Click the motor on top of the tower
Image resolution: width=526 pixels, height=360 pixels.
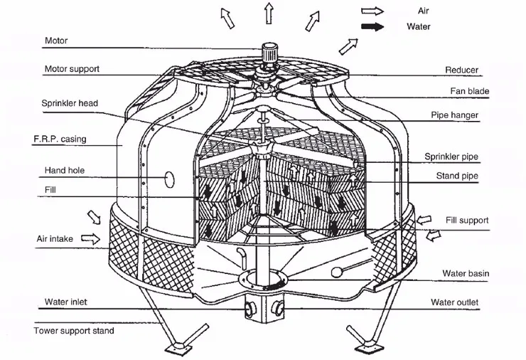pyautogui.click(x=269, y=53)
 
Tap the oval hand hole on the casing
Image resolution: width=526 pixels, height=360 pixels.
pyautogui.click(x=169, y=179)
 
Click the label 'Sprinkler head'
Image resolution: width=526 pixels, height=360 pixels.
pyautogui.click(x=70, y=103)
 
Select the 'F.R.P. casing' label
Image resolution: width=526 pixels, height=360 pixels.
pyautogui.click(x=60, y=139)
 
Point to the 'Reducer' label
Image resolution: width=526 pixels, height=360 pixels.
pyautogui.click(x=461, y=70)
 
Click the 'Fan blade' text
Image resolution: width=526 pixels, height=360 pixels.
pyautogui.click(x=470, y=91)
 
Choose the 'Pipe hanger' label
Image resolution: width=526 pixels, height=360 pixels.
pyautogui.click(x=454, y=115)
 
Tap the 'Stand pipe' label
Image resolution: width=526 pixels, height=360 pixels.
pyautogui.click(x=457, y=176)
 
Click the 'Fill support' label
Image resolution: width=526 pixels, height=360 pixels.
pyautogui.click(x=467, y=221)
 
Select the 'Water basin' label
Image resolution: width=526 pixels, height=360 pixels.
pyautogui.click(x=466, y=273)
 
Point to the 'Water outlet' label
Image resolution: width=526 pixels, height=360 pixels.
pyautogui.click(x=454, y=302)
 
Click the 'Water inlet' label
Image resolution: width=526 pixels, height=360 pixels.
pyautogui.click(x=65, y=302)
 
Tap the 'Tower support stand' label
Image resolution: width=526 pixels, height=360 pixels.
pyautogui.click(x=74, y=331)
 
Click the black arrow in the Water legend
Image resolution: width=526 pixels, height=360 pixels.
pyautogui.click(x=372, y=26)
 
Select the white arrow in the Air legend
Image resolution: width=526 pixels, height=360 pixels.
pyautogui.click(x=372, y=11)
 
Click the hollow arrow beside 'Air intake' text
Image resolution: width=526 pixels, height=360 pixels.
pyautogui.click(x=90, y=239)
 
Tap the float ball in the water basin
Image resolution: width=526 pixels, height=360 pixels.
pyautogui.click(x=336, y=272)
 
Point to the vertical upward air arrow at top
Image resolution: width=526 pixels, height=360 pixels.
pyautogui.click(x=269, y=13)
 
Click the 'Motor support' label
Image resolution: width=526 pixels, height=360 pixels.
pyautogui.click(x=72, y=69)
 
